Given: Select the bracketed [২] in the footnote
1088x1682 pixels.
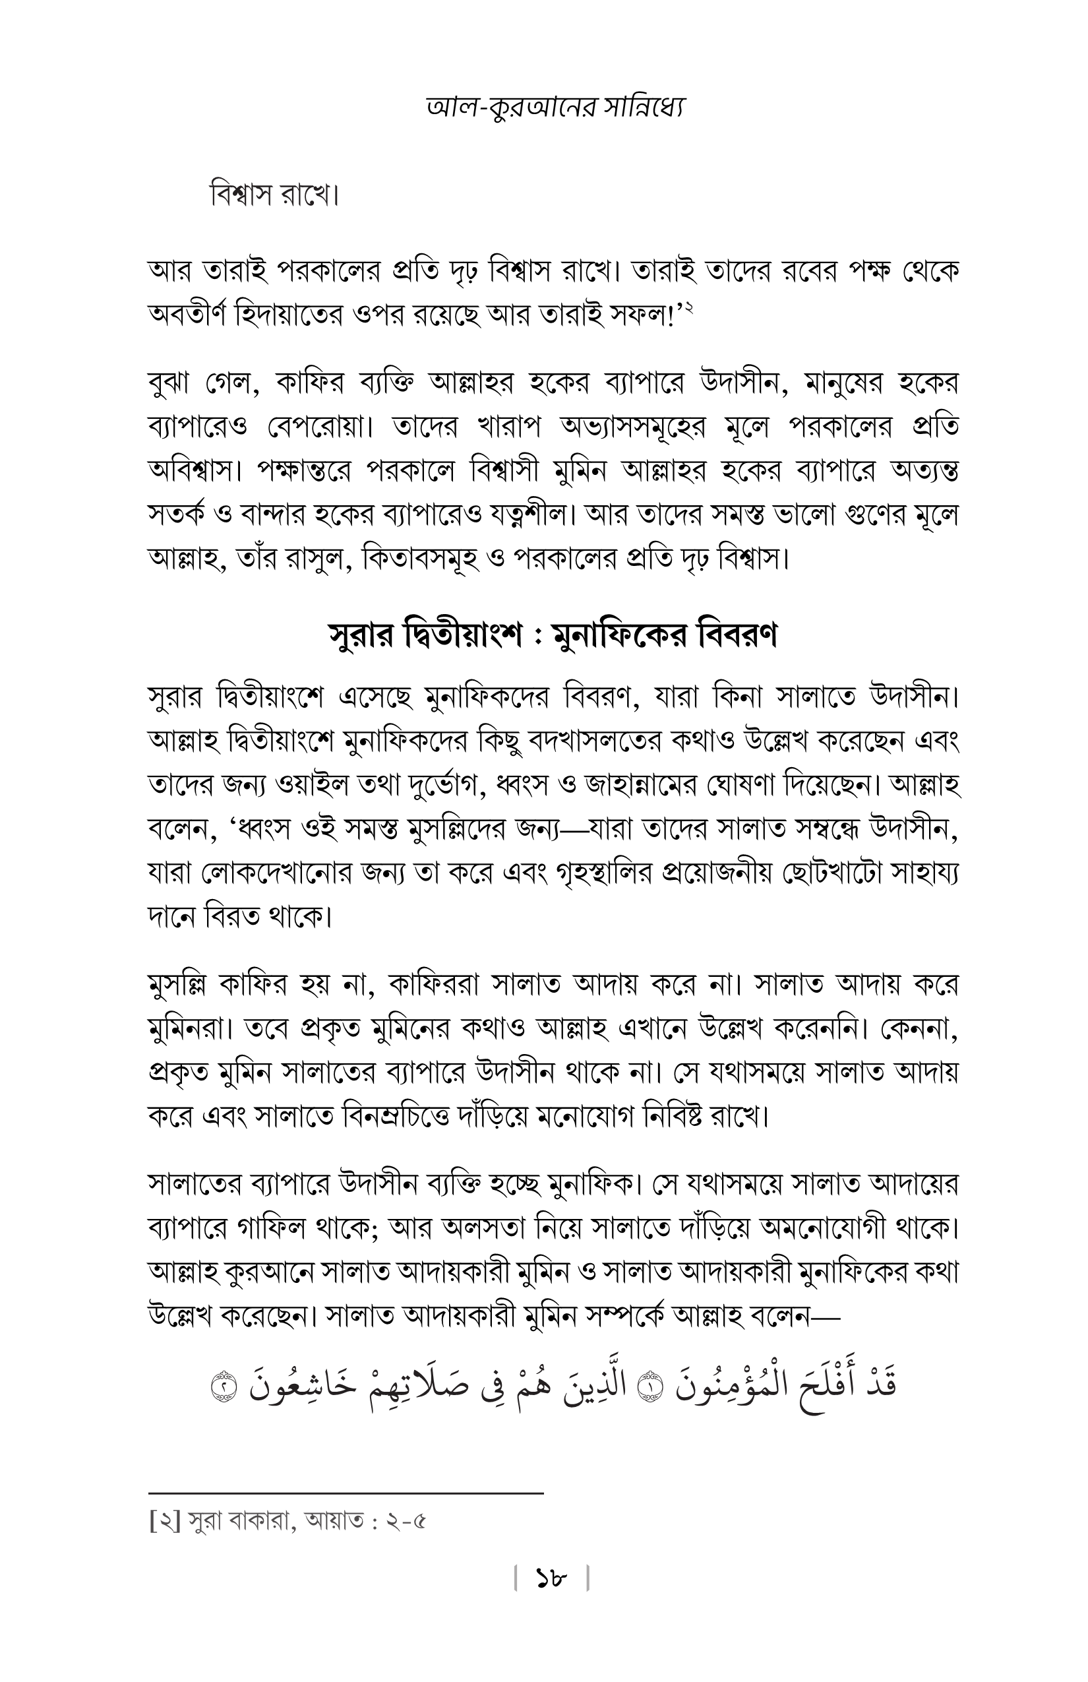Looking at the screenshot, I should [167, 1520].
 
